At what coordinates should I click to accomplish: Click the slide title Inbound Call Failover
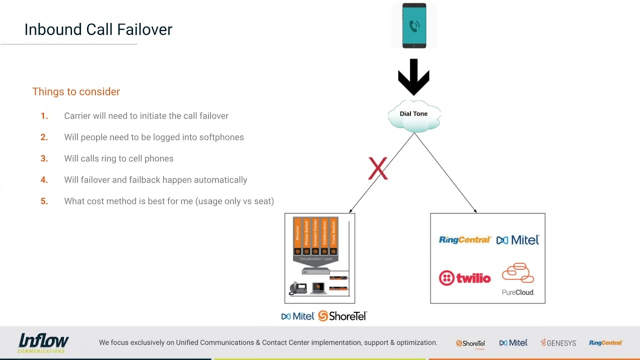click(x=98, y=29)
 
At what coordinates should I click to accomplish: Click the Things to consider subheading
click(x=76, y=91)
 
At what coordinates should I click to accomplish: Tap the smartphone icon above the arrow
click(x=414, y=25)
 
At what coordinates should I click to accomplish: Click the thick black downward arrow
click(x=413, y=76)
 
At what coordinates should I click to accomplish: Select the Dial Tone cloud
click(x=413, y=115)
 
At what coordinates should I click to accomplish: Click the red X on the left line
click(x=377, y=168)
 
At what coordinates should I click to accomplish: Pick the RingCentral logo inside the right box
click(x=464, y=240)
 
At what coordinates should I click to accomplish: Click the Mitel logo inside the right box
click(x=517, y=240)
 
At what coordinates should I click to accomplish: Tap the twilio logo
click(x=464, y=278)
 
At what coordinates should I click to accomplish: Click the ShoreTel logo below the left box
click(x=342, y=316)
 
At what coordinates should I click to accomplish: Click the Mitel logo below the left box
click(x=297, y=316)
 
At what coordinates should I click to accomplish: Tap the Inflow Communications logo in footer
click(x=43, y=343)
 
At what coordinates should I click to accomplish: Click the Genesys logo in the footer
click(x=558, y=343)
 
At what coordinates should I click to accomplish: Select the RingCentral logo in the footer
click(x=605, y=343)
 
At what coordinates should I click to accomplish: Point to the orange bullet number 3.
click(x=44, y=158)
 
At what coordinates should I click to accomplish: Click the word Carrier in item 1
click(x=77, y=115)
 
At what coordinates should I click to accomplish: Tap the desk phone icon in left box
click(x=298, y=288)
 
